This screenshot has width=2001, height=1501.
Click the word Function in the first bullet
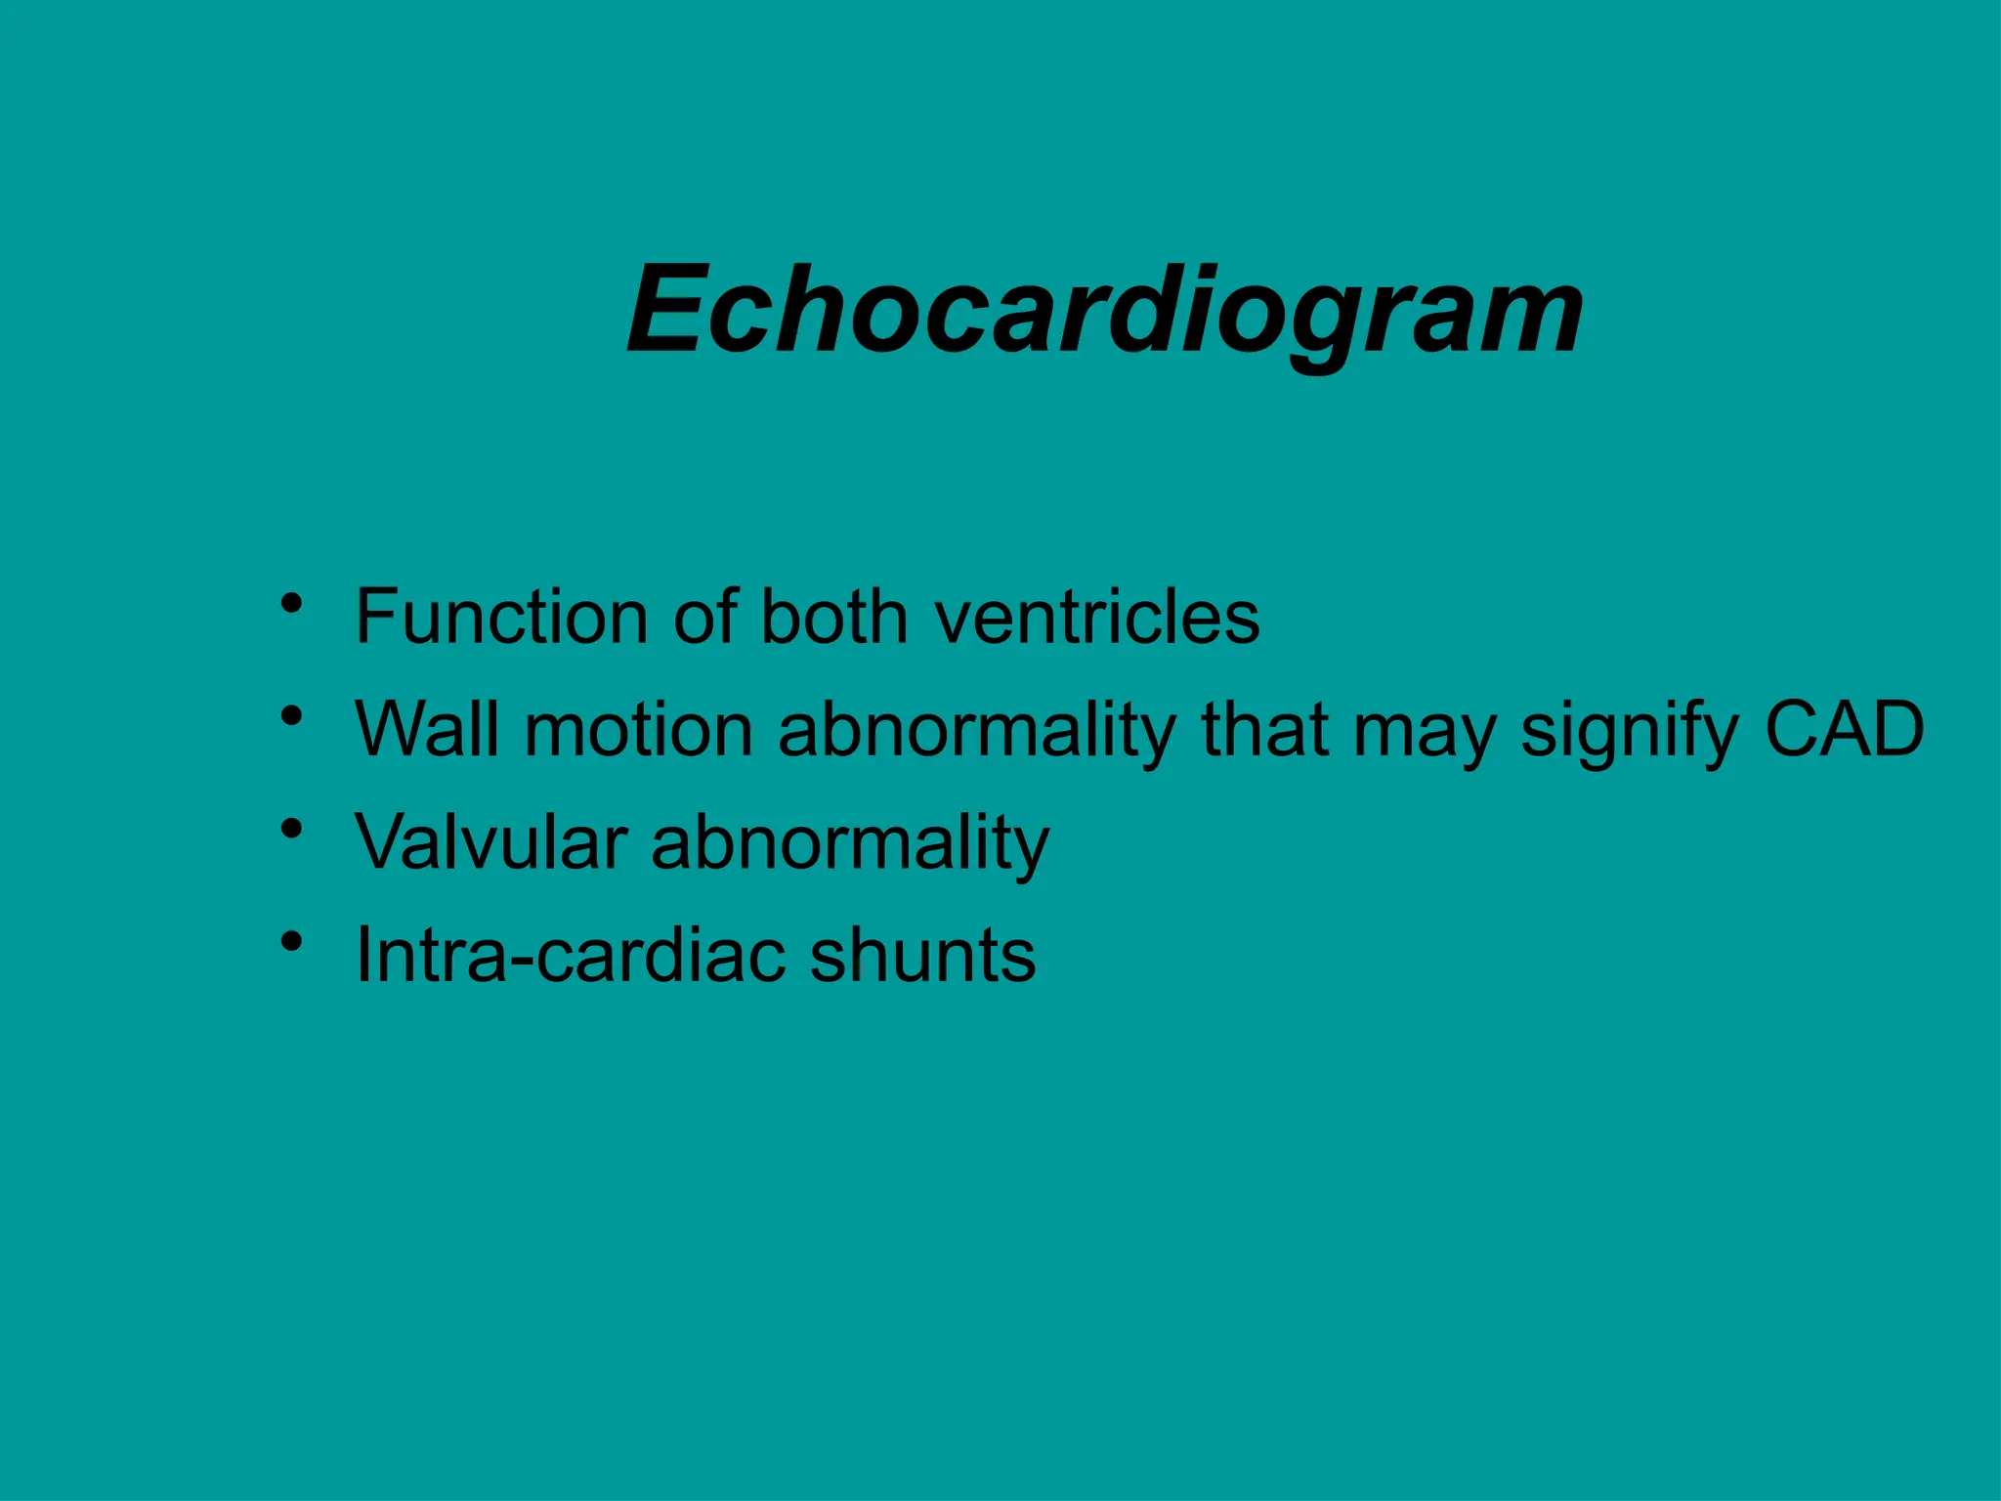point(499,617)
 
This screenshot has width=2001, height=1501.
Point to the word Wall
point(427,729)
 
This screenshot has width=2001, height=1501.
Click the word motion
point(638,729)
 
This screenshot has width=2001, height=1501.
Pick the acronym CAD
point(1844,729)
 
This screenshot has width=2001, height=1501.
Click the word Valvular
point(490,841)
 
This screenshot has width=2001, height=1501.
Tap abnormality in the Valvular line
point(850,843)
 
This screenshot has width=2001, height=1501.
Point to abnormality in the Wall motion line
point(977,731)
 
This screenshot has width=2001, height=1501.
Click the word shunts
point(922,955)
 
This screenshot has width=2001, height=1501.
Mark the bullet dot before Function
point(290,603)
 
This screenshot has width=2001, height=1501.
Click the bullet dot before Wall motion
point(290,716)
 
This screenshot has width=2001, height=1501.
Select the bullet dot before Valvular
point(290,829)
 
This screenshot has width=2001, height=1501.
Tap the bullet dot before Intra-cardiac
point(290,941)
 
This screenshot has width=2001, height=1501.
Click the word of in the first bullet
point(704,617)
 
